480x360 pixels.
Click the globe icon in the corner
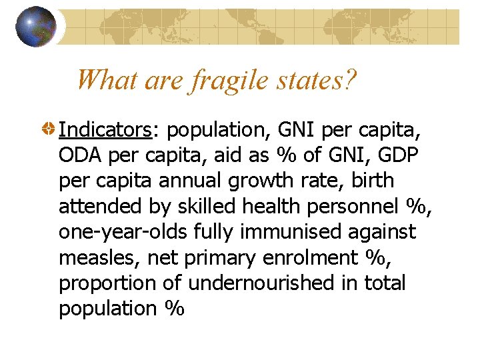point(36,27)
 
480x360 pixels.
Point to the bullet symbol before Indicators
point(49,130)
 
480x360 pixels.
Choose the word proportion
point(109,283)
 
